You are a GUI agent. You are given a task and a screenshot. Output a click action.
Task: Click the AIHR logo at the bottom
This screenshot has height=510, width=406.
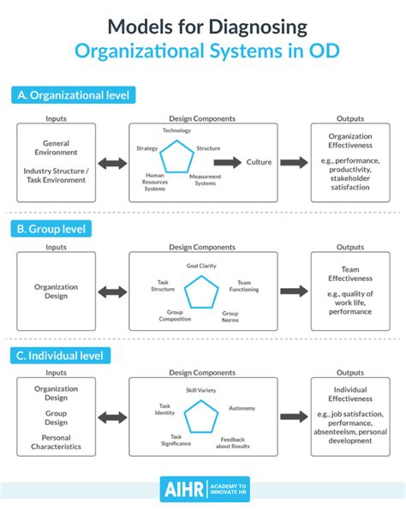click(203, 489)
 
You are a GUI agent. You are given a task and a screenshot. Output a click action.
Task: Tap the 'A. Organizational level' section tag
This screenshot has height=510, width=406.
click(73, 96)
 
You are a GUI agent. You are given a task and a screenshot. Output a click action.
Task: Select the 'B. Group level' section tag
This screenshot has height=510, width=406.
click(52, 229)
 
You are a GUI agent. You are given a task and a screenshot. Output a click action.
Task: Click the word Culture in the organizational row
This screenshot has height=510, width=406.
click(259, 161)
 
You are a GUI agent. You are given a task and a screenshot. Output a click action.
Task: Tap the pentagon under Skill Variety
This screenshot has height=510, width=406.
click(202, 417)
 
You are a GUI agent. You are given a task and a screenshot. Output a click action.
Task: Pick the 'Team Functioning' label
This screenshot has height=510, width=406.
click(245, 286)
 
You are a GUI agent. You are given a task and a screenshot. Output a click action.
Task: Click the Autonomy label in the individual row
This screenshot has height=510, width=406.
click(242, 409)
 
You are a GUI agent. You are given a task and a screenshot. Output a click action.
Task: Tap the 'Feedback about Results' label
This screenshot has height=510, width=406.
click(233, 443)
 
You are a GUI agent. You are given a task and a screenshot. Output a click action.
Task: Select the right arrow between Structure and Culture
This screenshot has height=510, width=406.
click(227, 161)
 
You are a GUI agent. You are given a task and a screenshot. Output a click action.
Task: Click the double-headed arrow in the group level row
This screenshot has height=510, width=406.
click(111, 292)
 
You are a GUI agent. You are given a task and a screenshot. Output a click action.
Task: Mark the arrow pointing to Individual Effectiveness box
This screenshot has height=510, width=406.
click(293, 417)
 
